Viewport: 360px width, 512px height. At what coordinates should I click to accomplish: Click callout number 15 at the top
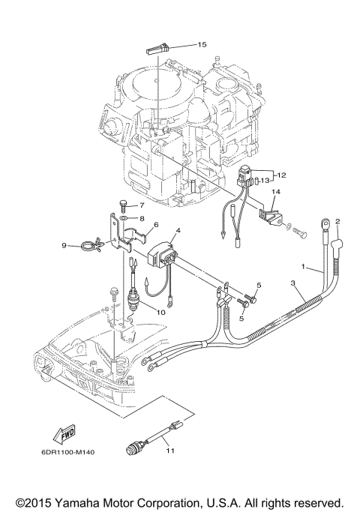click(201, 45)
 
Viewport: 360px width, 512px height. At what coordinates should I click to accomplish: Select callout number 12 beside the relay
click(282, 175)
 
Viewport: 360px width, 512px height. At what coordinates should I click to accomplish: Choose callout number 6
click(156, 224)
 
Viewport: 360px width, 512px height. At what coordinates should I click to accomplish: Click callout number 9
click(64, 244)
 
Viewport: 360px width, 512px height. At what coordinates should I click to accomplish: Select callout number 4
click(178, 231)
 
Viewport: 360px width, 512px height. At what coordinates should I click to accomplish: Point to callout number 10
click(162, 312)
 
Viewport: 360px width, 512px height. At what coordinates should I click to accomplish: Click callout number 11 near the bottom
click(170, 450)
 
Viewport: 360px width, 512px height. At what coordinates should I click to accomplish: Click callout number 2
click(337, 222)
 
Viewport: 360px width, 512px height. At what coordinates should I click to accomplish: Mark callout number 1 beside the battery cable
click(303, 267)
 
